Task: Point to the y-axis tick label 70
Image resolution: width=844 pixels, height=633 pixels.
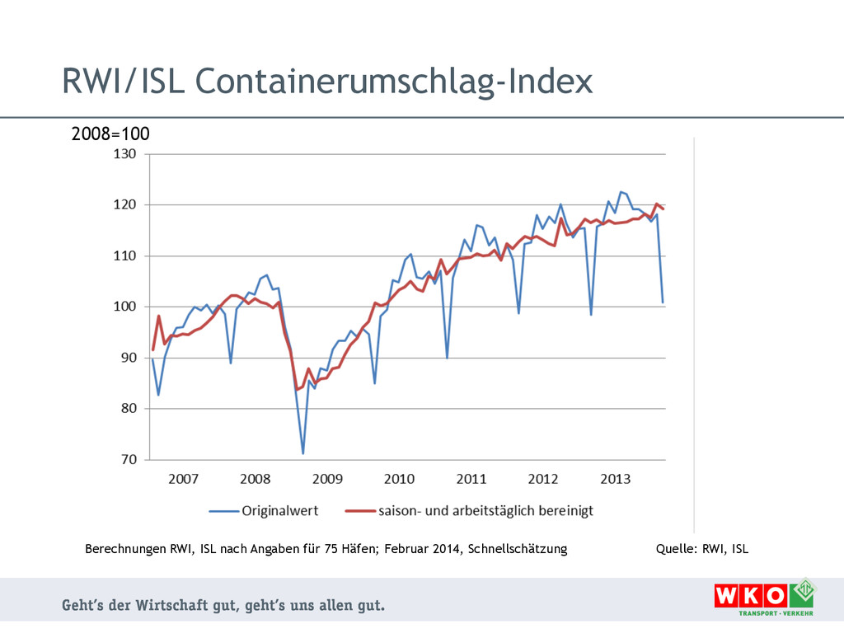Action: click(x=127, y=460)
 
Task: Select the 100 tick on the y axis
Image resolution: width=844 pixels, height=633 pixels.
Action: click(x=124, y=307)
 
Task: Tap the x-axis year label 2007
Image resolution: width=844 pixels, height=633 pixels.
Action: click(x=183, y=479)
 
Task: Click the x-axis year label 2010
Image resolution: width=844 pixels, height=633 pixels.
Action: click(x=399, y=479)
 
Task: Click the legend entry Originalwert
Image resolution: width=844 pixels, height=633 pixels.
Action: click(x=279, y=510)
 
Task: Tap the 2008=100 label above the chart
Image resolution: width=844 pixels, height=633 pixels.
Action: click(x=110, y=134)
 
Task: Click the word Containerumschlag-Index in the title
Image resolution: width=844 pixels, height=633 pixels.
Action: click(x=394, y=81)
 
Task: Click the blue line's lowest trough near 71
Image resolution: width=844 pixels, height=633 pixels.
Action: click(x=302, y=453)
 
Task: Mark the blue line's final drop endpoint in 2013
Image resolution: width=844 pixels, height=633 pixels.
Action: click(x=663, y=302)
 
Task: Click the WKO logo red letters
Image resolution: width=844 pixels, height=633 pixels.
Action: click(x=750, y=596)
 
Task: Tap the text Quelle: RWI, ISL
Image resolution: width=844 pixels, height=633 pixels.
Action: click(x=701, y=548)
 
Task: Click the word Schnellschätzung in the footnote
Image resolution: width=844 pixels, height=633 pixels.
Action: click(x=517, y=548)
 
